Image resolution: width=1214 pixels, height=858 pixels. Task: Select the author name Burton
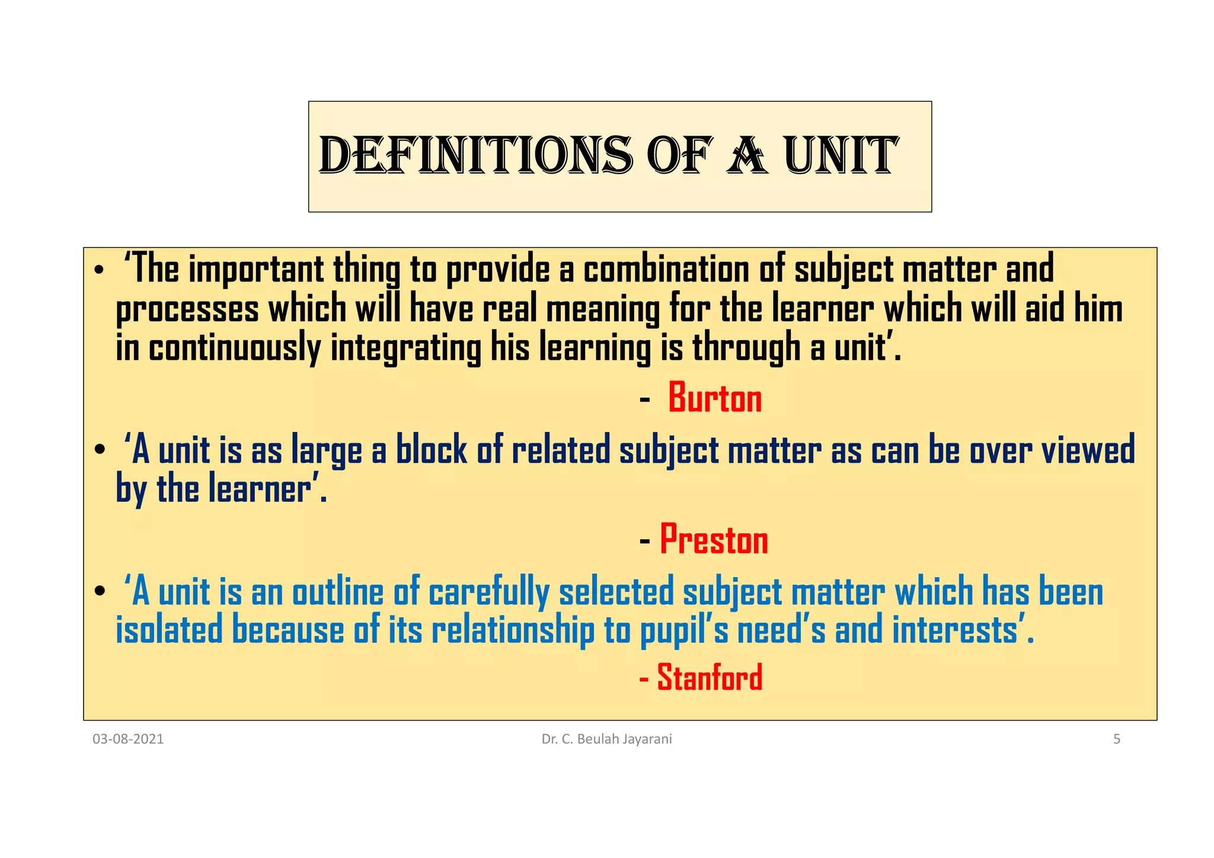point(715,398)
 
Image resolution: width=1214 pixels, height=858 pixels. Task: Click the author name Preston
point(714,540)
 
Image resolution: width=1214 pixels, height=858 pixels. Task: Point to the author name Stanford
point(710,677)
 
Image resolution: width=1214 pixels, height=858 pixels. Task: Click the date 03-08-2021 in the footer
point(128,739)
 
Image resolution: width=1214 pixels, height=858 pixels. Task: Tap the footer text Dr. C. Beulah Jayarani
point(606,739)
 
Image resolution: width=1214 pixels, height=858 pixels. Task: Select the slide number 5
point(1116,739)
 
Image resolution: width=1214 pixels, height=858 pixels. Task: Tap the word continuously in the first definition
point(234,348)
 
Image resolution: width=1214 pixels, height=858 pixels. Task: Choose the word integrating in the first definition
point(405,348)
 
